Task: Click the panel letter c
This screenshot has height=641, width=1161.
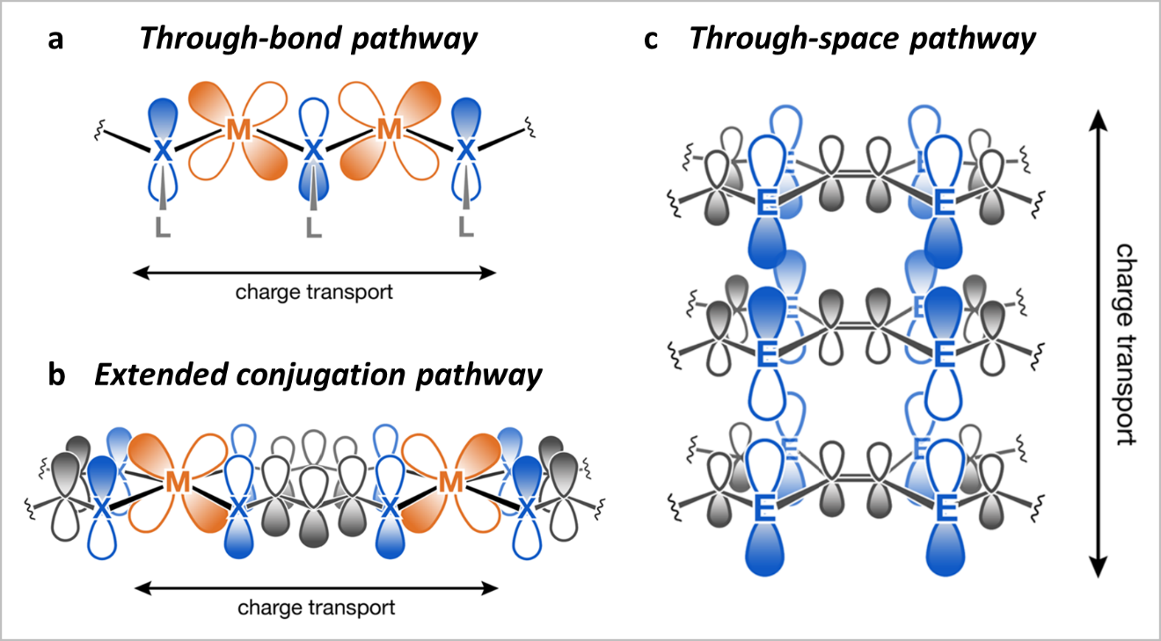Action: tap(653, 40)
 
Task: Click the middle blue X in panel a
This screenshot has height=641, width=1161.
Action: tap(312, 151)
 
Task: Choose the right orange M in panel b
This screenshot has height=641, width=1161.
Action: tap(450, 482)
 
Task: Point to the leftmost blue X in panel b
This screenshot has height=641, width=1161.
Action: tap(102, 508)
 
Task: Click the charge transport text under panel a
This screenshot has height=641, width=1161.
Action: tap(314, 292)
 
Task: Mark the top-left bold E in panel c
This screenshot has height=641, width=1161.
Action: tap(765, 205)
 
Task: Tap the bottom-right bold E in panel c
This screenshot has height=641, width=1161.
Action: tap(946, 507)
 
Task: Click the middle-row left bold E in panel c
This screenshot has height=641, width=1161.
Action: tap(765, 355)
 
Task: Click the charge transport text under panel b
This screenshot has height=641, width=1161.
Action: tap(317, 607)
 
